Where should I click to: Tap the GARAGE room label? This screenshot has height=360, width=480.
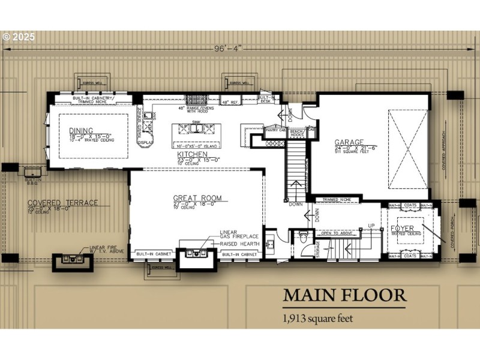(x=348, y=143)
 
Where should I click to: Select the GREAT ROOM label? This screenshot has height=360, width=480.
(x=197, y=198)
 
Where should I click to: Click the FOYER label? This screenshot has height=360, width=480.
(x=403, y=229)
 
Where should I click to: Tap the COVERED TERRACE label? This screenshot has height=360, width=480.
(x=62, y=203)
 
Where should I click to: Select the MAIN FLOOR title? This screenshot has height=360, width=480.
(x=344, y=295)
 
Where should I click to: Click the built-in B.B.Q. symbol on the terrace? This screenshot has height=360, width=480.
(x=34, y=171)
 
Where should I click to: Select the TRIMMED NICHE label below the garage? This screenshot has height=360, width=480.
(x=336, y=199)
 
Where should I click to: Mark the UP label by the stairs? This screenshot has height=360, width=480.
(x=371, y=226)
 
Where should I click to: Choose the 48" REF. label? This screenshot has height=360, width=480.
(x=230, y=103)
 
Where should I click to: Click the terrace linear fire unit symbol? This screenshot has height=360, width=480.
(x=72, y=260)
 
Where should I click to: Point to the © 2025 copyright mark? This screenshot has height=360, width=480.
(x=19, y=37)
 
